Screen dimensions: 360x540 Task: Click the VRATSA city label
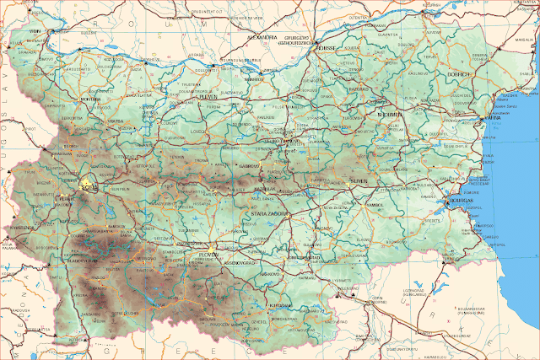(116, 121)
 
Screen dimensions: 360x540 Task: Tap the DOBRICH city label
(462, 74)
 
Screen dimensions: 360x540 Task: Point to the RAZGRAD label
(359, 89)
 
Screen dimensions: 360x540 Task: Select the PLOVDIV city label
(202, 254)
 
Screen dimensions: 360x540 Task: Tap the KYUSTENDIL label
(24, 228)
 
